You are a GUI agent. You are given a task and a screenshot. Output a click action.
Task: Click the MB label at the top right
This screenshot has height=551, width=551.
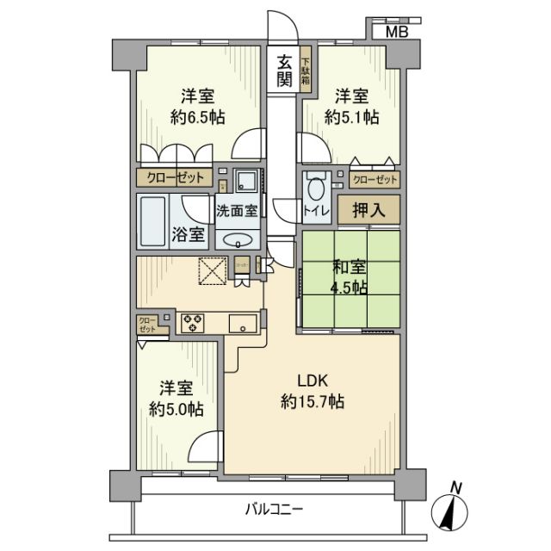(x=396, y=32)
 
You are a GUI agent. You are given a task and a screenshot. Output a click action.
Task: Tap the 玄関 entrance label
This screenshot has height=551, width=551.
(x=282, y=72)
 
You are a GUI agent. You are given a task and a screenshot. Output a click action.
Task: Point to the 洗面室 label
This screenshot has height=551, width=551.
(x=237, y=210)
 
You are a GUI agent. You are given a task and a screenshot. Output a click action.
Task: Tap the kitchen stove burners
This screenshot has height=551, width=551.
(x=192, y=324)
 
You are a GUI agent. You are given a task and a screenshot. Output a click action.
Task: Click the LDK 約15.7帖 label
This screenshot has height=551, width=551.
(x=312, y=390)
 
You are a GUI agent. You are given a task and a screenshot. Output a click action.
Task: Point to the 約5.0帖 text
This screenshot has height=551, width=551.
(x=179, y=411)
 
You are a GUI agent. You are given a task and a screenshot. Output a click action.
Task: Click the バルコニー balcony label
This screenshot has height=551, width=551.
(x=274, y=510)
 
